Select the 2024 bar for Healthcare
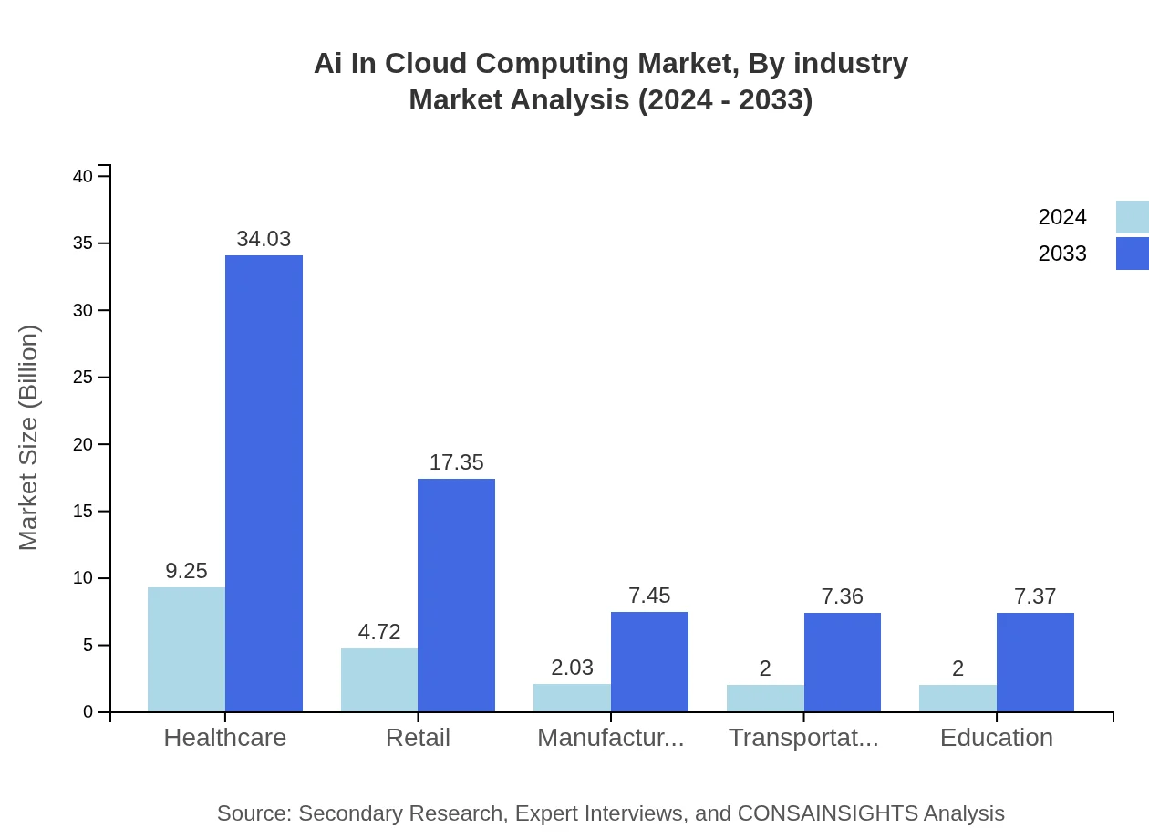click(x=186, y=649)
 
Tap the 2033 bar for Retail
click(x=456, y=595)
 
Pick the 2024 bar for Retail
click(x=379, y=679)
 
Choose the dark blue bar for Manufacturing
click(x=649, y=661)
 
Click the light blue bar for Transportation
click(x=765, y=698)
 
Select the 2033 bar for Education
click(x=1035, y=662)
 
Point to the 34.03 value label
click(x=264, y=239)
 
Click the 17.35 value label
click(x=456, y=462)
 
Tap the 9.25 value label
click(x=186, y=571)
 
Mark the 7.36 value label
click(x=842, y=596)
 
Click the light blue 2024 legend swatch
click(x=1132, y=217)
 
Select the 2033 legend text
click(x=1062, y=254)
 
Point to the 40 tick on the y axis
click(x=83, y=176)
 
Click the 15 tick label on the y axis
click(x=83, y=512)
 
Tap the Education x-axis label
click(x=996, y=737)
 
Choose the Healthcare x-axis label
click(x=224, y=737)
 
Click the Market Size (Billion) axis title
click(x=28, y=438)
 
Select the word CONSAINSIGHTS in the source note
click(x=827, y=813)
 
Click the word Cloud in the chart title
click(x=428, y=64)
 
